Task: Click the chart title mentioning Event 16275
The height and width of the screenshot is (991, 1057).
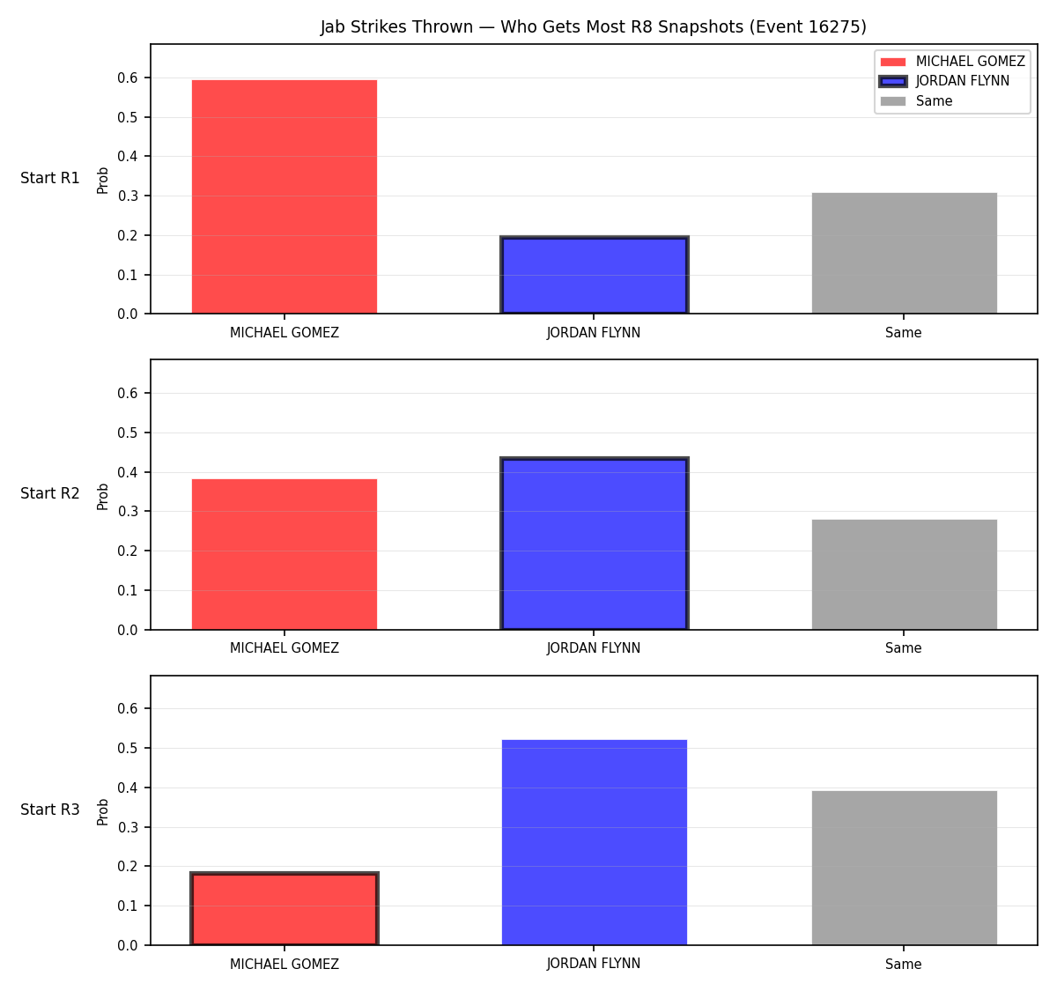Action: pos(593,26)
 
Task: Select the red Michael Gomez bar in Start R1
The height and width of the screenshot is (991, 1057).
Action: pos(285,196)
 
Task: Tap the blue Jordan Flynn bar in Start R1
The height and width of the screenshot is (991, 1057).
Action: pos(594,275)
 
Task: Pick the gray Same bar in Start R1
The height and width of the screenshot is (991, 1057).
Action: pos(904,253)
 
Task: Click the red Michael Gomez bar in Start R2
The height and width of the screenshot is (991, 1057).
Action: pos(285,554)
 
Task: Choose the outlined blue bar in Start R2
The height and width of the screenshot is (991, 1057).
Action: pos(594,544)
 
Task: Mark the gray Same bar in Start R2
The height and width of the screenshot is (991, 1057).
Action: pos(904,574)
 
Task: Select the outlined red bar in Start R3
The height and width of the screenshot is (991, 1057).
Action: pos(285,908)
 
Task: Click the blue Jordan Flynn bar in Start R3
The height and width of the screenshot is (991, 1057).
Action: pos(594,842)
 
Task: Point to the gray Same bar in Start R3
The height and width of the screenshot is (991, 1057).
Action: pos(904,868)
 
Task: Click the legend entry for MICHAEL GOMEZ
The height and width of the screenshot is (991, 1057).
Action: pos(952,62)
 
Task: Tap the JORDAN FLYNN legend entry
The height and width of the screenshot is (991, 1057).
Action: pos(944,81)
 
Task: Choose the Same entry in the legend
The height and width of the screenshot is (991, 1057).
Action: pos(916,101)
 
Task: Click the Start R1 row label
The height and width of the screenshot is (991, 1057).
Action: pos(50,178)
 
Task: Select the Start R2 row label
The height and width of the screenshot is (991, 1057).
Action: pos(50,493)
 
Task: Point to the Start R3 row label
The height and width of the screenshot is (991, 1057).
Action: pos(50,810)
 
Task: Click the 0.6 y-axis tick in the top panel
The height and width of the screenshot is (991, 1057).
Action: pos(127,78)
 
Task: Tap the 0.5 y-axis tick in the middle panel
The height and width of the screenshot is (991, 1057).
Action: pos(127,433)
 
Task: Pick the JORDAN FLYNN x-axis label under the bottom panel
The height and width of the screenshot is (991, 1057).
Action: pos(594,964)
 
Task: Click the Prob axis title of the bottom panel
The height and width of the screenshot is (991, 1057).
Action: pos(102,812)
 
